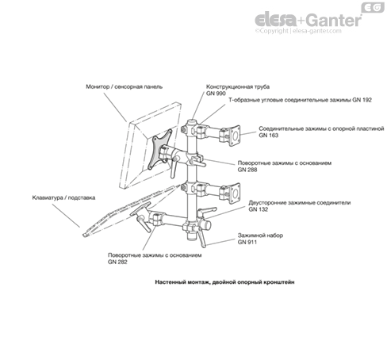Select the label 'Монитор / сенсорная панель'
click(x=125, y=86)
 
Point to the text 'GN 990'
click(x=216, y=94)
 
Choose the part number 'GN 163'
click(x=269, y=136)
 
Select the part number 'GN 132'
click(x=259, y=210)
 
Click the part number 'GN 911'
click(x=247, y=241)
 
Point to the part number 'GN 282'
click(x=118, y=262)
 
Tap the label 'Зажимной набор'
click(x=259, y=235)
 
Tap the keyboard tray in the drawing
click(x=111, y=215)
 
